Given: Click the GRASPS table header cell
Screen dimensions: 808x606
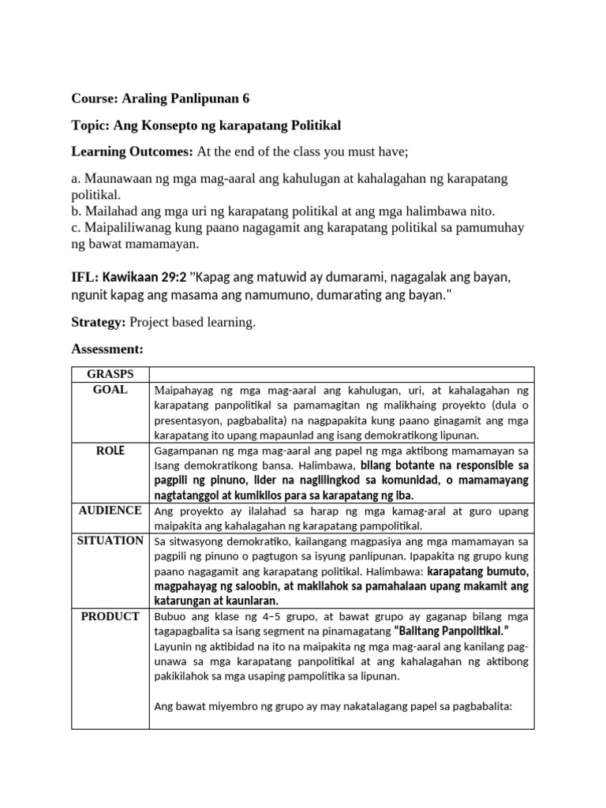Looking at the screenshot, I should (x=111, y=374).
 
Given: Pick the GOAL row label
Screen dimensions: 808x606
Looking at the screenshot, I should (x=111, y=390).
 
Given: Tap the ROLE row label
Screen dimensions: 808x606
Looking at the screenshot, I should (x=111, y=451).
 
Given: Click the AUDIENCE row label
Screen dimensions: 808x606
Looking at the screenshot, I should (x=111, y=511).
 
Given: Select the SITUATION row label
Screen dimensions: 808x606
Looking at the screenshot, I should (x=111, y=541).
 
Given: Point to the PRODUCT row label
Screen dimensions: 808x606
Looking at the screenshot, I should (x=111, y=616).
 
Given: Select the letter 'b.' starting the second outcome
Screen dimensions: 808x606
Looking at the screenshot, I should (x=77, y=211).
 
